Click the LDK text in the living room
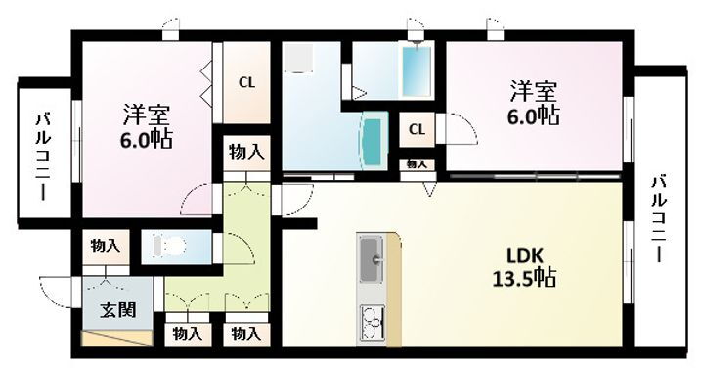coord(524,254)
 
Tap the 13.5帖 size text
coord(524,278)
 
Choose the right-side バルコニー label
coord(661,217)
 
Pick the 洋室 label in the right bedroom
coord(533,92)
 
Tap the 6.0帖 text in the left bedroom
coord(147,138)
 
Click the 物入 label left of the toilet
coord(104,245)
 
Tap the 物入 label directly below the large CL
coord(245,152)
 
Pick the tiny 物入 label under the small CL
coord(417,163)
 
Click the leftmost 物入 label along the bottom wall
coord(187,334)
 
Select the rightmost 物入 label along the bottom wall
coord(245,334)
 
